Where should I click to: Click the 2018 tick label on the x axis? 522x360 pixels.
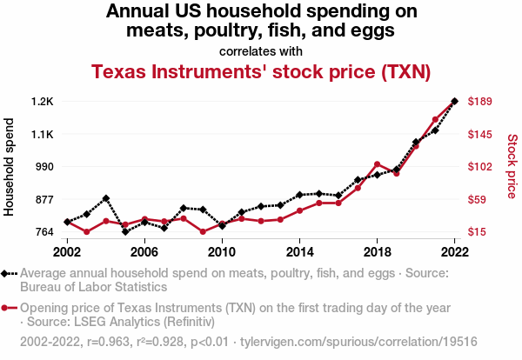coord(377,251)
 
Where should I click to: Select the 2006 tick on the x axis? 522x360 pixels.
coord(144,251)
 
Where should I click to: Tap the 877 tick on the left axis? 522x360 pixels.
coord(43,200)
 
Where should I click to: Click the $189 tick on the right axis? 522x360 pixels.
coord(481,102)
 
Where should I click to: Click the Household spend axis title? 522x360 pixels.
coord(10,167)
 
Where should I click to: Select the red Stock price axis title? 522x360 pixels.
coord(512,165)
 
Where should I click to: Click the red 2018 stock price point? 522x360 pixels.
coord(377,163)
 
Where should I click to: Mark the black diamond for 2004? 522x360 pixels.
coord(106,198)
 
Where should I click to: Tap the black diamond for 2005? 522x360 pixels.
coord(125,231)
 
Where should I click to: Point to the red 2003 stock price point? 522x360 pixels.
coord(87,232)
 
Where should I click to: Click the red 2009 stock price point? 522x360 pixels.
coord(203,231)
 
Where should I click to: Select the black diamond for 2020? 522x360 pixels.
coord(416,142)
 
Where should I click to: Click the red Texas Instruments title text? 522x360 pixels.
coord(261,71)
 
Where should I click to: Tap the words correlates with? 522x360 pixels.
coord(261,50)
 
